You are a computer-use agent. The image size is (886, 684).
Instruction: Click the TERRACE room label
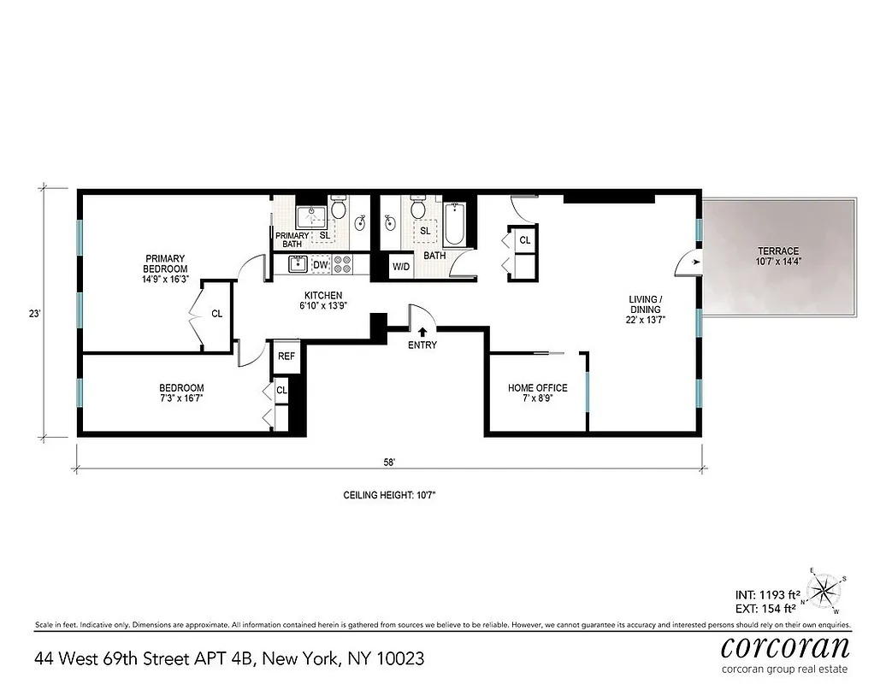777,251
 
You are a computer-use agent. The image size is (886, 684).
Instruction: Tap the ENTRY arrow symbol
422,330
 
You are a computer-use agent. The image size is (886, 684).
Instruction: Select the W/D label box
401,267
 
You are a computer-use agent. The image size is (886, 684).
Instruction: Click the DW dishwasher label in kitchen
320,266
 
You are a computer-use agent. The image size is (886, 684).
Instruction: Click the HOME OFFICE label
537,388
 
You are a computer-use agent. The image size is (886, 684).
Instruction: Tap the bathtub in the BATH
454,225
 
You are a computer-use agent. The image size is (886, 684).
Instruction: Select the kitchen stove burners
342,266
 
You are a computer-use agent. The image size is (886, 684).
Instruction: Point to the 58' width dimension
389,462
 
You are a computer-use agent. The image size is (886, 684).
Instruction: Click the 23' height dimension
34,314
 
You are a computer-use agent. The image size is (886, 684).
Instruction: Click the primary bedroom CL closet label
216,314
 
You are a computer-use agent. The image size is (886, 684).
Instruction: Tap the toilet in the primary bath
338,208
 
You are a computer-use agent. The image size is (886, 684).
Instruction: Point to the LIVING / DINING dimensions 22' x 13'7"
647,320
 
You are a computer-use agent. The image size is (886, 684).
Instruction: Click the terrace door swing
688,264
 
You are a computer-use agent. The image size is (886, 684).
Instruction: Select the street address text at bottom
229,659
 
